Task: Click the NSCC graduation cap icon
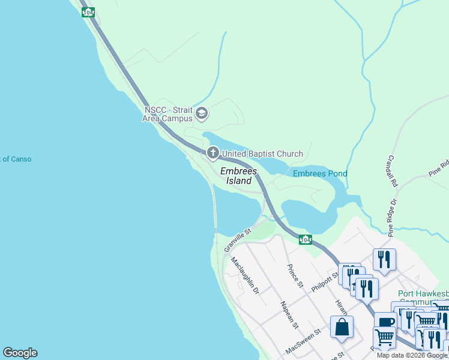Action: point(202,113)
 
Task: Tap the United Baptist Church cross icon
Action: point(212,154)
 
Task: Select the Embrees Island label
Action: point(238,175)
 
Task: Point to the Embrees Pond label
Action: point(320,174)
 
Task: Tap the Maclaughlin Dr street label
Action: point(244,277)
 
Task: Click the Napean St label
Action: point(289,314)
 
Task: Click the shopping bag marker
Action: point(342,328)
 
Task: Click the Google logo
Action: point(20,353)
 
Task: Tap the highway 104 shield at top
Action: point(88,12)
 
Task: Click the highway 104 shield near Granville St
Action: point(306,240)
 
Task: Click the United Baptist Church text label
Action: point(262,154)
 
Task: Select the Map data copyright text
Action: point(412,355)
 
